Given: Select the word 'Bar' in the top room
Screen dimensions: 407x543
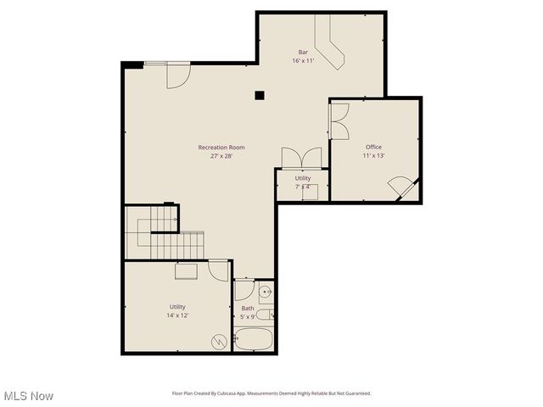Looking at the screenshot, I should [x=303, y=53].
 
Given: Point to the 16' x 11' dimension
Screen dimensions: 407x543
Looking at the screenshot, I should [x=303, y=61].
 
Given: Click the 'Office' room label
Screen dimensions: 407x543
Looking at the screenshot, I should [x=373, y=148].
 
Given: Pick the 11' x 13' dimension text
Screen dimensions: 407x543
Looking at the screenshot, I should [x=373, y=156].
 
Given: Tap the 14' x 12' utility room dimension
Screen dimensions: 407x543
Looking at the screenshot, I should [x=176, y=315].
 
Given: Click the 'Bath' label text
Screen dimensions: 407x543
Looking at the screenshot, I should [x=248, y=309].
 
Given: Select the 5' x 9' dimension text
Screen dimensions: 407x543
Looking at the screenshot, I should [x=248, y=317].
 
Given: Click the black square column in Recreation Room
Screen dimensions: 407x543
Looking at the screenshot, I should [x=260, y=96].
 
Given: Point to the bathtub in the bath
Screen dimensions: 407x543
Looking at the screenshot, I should [x=254, y=340].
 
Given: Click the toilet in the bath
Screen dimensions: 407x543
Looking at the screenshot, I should [x=265, y=315].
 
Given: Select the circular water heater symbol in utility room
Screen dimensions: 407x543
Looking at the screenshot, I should [x=219, y=341].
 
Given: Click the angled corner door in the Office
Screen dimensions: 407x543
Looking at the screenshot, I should [x=401, y=187].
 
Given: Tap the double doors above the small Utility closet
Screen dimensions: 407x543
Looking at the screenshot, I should [x=302, y=159].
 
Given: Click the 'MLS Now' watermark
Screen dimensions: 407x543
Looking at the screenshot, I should [x=28, y=396].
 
